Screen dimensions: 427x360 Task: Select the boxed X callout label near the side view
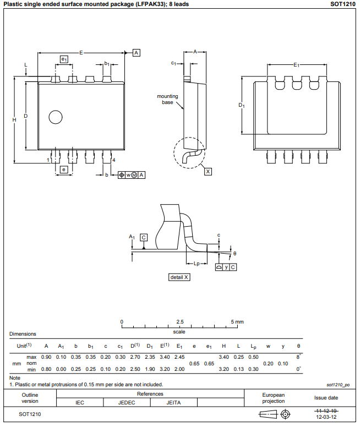208,172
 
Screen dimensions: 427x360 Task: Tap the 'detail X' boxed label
179,277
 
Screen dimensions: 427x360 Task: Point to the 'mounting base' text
167,99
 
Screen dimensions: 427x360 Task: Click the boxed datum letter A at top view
137,52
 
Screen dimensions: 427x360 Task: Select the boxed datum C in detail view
144,237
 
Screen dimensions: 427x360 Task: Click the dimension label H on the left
14,119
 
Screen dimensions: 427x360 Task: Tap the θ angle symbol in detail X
234,253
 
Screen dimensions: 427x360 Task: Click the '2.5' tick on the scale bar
179,321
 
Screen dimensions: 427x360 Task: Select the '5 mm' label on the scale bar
237,321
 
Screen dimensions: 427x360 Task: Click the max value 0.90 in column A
46,357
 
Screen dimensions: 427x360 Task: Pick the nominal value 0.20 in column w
268,363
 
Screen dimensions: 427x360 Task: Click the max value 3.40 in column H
223,357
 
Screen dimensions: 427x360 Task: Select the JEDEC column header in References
127,403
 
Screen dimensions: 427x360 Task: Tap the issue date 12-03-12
326,417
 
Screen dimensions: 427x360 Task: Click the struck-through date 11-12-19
326,410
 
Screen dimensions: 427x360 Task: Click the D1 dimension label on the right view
241,105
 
